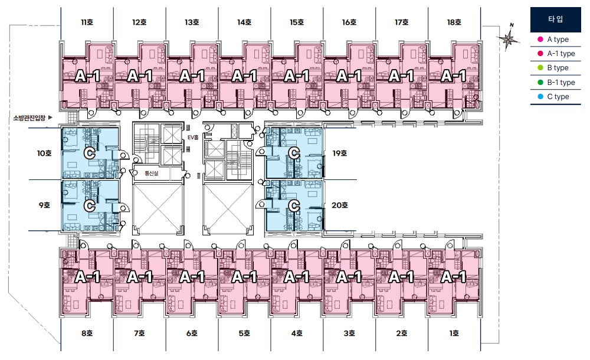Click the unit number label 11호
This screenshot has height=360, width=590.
tap(87, 22)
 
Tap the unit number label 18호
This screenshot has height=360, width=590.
tap(454, 22)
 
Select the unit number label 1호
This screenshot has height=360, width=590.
tap(454, 333)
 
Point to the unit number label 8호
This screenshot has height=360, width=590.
tap(87, 333)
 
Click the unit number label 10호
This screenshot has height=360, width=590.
tap(44, 153)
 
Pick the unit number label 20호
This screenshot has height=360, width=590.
tap(339, 205)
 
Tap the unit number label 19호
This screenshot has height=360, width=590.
tap(339, 153)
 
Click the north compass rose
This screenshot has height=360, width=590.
tap(508, 38)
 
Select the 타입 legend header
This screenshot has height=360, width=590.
tap(555, 19)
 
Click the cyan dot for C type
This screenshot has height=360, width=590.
tap(540, 96)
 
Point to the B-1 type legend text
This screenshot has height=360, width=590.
tap(561, 83)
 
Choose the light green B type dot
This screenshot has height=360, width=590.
tap(540, 68)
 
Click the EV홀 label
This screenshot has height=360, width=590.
tap(193, 138)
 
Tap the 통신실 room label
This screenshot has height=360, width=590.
tap(151, 174)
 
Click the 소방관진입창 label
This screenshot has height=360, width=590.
tap(29, 118)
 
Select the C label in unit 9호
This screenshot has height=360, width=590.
tap(90, 206)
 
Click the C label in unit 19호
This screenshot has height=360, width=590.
tap(294, 153)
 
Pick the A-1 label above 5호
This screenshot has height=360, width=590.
tap(245, 277)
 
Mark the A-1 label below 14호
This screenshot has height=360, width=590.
tap(245, 76)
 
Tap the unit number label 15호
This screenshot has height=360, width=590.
tap(297, 22)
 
